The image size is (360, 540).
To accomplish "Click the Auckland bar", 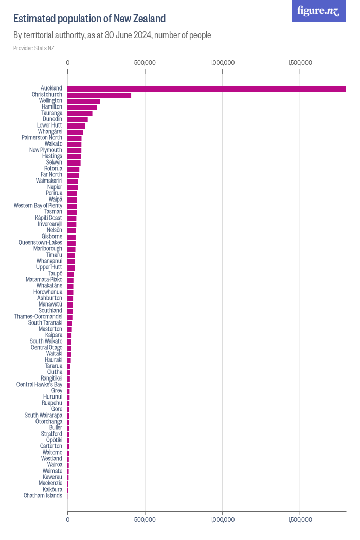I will [x=206, y=88].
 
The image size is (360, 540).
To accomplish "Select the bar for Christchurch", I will [x=99, y=95].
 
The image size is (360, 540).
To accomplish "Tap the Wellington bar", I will [x=84, y=101].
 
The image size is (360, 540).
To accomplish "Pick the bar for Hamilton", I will [x=82, y=107].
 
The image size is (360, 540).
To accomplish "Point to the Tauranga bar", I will [x=80, y=113].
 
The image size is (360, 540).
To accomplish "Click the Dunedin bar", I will [x=78, y=119].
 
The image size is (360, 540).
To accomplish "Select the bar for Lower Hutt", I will [x=76, y=125].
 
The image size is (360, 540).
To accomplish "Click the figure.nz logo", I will [x=318, y=11].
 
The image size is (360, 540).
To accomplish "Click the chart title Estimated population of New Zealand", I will [x=89, y=19].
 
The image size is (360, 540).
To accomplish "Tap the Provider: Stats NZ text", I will [x=34, y=48].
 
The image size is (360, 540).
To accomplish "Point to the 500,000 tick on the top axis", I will [x=145, y=63].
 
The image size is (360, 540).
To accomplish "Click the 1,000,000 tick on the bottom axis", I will [x=222, y=520].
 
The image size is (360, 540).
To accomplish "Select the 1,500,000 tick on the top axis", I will [x=300, y=63].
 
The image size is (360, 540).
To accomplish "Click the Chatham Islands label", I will [x=43, y=496].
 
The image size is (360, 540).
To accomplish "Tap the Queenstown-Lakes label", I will [x=40, y=243].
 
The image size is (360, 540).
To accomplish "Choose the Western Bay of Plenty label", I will [x=38, y=206].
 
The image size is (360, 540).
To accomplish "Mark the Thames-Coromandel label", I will [x=38, y=317].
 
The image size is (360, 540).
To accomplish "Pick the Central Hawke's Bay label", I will [x=39, y=385].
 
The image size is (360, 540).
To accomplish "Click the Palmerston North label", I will [x=42, y=138].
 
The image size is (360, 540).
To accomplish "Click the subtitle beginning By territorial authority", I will [x=112, y=35].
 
